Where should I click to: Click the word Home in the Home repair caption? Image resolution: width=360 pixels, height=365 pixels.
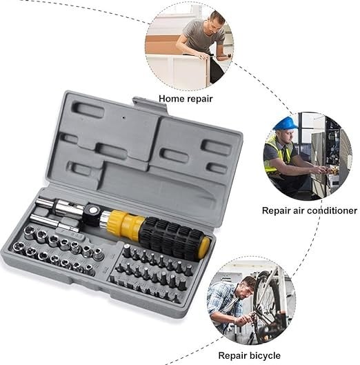171,99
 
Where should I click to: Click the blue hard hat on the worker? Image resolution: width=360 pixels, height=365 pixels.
286,124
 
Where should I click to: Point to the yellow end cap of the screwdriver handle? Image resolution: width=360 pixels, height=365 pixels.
204,248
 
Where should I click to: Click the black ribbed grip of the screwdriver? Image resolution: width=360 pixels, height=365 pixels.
172,237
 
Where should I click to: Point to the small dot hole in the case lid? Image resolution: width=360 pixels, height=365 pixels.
123,117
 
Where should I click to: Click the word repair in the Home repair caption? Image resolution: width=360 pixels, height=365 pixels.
200,99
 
